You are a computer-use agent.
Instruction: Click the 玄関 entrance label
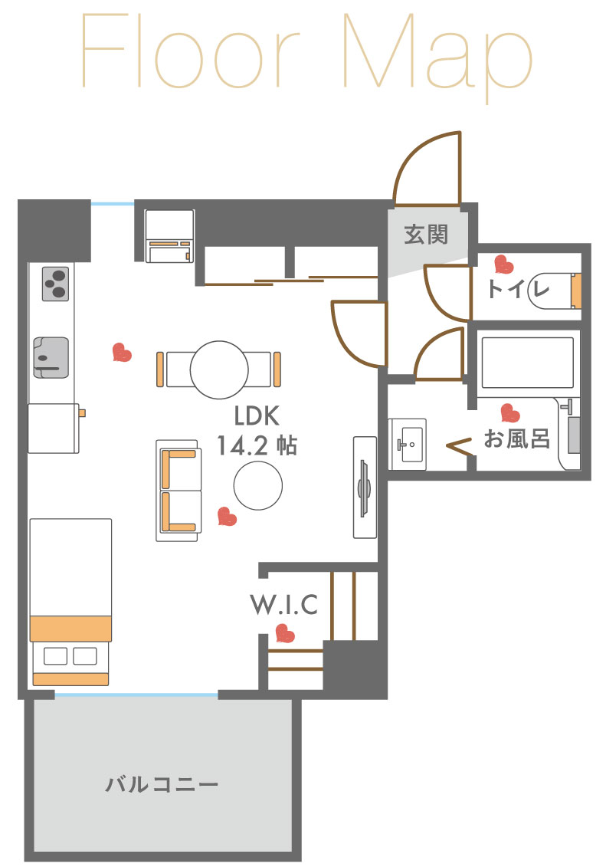(x=426, y=235)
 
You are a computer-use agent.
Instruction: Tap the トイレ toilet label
(x=518, y=288)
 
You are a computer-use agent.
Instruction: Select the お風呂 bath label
(x=517, y=438)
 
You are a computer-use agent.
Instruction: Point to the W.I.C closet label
(x=284, y=605)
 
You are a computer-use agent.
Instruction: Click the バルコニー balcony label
(x=162, y=784)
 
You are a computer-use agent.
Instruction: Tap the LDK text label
(x=257, y=415)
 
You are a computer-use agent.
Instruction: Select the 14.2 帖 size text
(x=257, y=445)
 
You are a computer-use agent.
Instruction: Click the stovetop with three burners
(x=56, y=284)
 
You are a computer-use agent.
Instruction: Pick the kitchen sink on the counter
(x=51, y=358)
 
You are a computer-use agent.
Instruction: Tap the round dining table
(x=219, y=370)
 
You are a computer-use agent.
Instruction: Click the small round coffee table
(x=258, y=486)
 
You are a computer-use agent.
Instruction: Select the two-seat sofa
(x=179, y=491)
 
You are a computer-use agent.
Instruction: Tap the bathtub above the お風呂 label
(x=528, y=363)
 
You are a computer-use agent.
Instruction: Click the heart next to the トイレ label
(x=504, y=264)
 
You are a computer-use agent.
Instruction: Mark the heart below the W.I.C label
(x=285, y=633)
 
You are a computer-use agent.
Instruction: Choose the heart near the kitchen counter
(x=122, y=352)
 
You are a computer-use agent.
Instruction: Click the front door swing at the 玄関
(x=427, y=168)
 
